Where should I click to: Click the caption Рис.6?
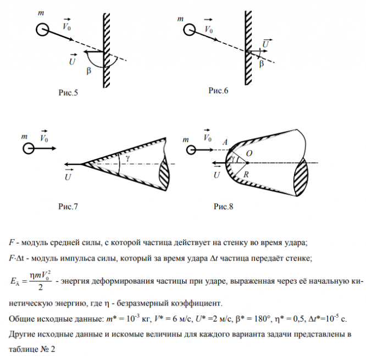click(x=218, y=90)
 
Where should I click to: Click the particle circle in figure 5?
click(x=42, y=29)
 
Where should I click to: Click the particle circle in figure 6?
click(x=188, y=30)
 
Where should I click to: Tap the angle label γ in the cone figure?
click(x=127, y=158)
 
